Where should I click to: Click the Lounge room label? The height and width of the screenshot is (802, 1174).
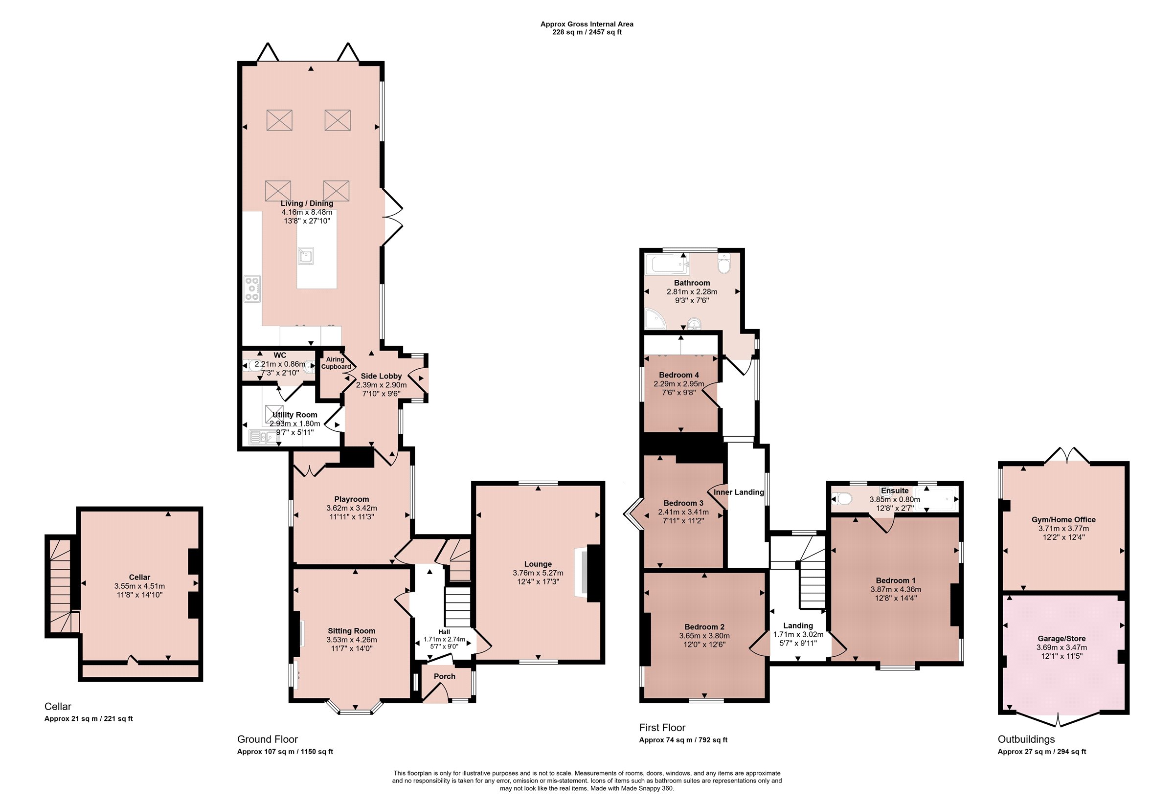[x=538, y=564]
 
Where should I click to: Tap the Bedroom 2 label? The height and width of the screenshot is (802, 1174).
[x=704, y=627]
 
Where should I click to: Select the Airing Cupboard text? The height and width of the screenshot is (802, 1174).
[x=336, y=363]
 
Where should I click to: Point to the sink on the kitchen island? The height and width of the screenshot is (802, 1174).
[x=306, y=256]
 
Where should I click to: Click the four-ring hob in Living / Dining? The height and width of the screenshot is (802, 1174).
[x=252, y=289]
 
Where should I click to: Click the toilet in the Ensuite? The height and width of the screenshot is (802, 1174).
[x=841, y=499]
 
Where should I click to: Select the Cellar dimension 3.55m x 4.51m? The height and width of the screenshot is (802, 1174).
[x=139, y=586]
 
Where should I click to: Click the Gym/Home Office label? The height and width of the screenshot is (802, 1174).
[x=1063, y=519]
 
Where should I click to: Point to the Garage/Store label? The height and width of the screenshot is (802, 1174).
[x=1061, y=638]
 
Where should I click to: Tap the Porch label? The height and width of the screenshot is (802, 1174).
[x=445, y=676]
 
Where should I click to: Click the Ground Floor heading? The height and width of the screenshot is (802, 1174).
[x=268, y=739]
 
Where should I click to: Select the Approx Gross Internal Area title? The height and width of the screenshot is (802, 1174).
[x=587, y=24]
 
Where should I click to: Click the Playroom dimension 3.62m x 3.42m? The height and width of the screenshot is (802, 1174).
[x=352, y=508]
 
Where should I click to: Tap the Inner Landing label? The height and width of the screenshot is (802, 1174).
[x=739, y=492]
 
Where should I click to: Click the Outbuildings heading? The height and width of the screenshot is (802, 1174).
[x=1026, y=739]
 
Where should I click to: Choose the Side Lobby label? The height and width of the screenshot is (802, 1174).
[x=382, y=376]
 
